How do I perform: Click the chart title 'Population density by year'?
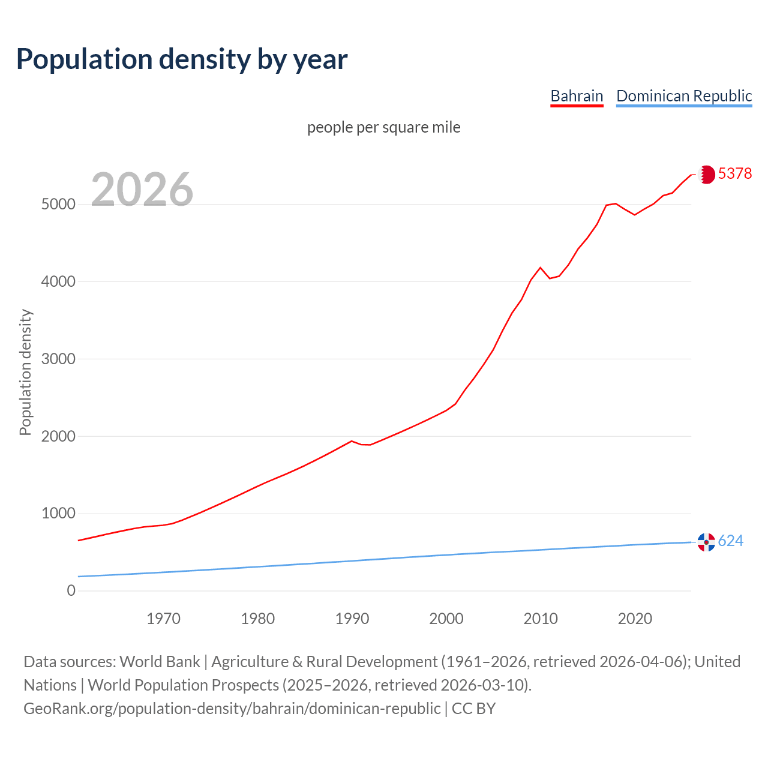[182, 59]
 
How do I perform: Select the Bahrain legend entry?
[577, 96]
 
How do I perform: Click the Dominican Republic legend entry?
[684, 96]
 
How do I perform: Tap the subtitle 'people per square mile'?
[384, 128]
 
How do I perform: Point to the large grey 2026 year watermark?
[142, 190]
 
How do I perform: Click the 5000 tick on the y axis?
[58, 205]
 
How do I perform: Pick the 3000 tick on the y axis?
[58, 359]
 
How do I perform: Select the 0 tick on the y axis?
[71, 591]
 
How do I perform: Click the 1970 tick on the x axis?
[163, 619]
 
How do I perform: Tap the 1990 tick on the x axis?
[352, 619]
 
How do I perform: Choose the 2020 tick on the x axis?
[635, 619]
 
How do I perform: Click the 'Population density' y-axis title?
[25, 372]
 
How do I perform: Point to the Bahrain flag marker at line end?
[707, 175]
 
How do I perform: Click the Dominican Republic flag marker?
[706, 542]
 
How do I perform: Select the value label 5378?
[735, 173]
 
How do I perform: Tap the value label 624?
[731, 541]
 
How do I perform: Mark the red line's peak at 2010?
[540, 268]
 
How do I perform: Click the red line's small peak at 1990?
[352, 441]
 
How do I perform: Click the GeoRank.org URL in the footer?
[232, 709]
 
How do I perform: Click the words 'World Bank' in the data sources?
[160, 662]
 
